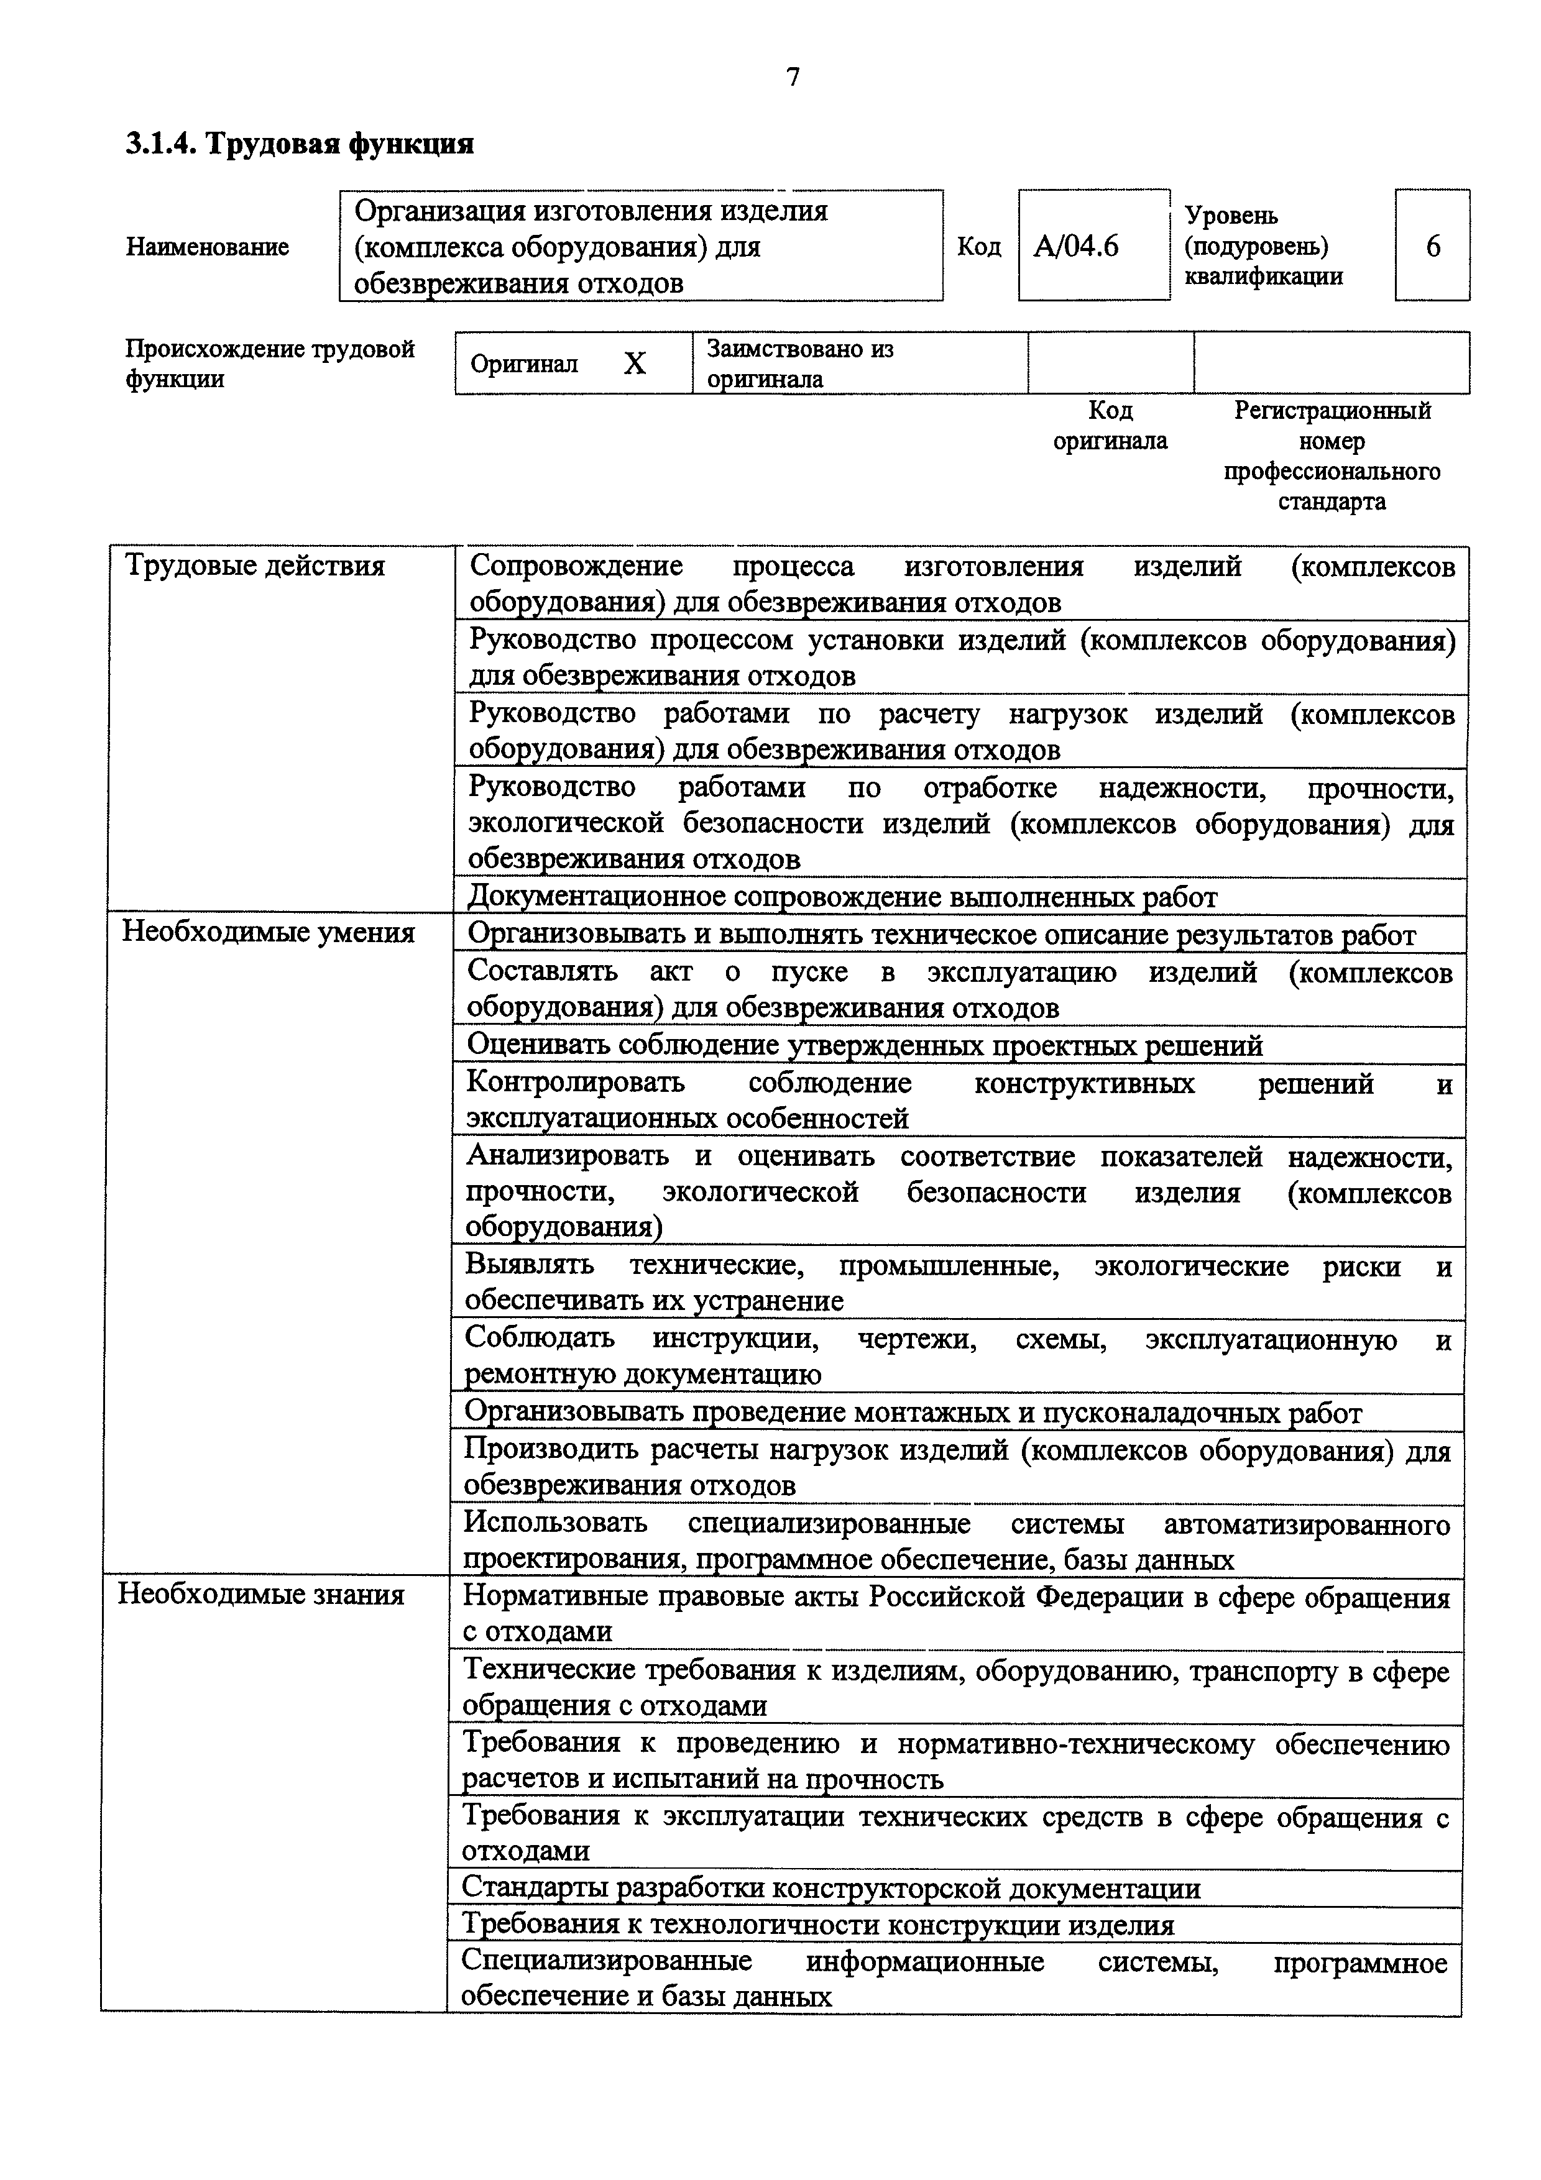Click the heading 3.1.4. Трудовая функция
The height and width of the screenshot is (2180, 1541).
coord(300,144)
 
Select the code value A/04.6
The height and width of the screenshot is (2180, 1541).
coord(1076,247)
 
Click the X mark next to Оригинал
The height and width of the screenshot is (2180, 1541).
coord(634,364)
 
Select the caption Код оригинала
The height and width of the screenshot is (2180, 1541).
coord(1110,426)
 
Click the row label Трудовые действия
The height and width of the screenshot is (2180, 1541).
coord(255,566)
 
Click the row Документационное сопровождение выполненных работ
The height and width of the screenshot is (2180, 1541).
coord(843,897)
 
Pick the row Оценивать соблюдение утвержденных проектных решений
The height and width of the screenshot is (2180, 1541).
coord(864,1045)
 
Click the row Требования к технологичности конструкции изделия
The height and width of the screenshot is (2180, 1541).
coord(817,1926)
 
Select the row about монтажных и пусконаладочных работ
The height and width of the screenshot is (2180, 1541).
coord(913,1413)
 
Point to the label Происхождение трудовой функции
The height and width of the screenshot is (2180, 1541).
coord(270,364)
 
